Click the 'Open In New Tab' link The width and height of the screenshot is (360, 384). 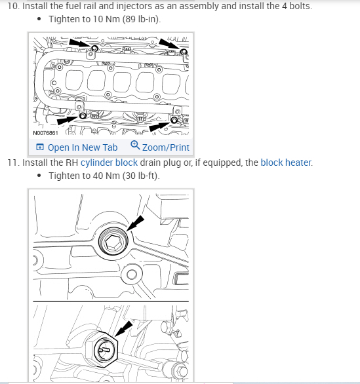[x=83, y=147]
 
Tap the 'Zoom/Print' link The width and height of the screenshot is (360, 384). [x=166, y=147]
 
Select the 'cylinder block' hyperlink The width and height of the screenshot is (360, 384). [x=109, y=163]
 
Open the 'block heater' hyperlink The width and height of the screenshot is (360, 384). [x=286, y=163]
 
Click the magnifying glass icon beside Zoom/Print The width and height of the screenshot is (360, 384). [x=135, y=145]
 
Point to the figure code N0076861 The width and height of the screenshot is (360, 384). [x=45, y=133]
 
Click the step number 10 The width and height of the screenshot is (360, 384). [x=13, y=6]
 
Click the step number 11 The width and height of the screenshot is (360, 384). [x=13, y=163]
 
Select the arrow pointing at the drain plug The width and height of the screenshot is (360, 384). [x=135, y=223]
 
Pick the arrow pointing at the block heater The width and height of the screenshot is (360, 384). [x=124, y=329]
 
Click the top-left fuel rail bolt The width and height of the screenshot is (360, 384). [x=94, y=48]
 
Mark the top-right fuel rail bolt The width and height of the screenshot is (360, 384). [x=184, y=52]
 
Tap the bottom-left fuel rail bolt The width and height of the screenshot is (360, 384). [x=83, y=115]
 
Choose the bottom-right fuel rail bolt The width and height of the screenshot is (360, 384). [x=174, y=120]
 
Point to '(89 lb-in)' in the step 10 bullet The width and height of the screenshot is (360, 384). [x=142, y=19]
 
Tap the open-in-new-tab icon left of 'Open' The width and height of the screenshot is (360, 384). [x=40, y=147]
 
